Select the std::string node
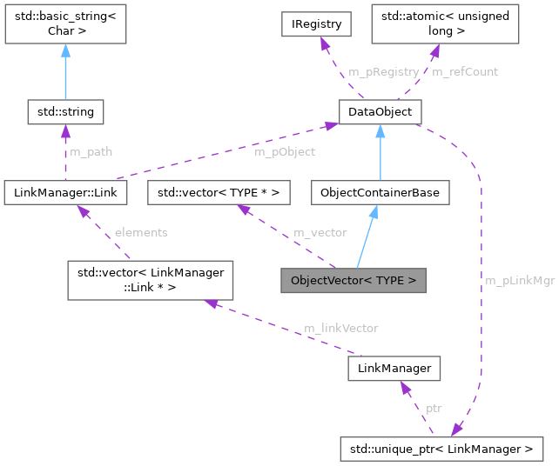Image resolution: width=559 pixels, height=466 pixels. tap(65, 111)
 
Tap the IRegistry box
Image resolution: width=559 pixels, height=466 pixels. tap(315, 23)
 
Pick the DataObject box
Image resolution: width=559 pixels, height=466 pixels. tap(380, 111)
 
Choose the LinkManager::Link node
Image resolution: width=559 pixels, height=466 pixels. tap(65, 192)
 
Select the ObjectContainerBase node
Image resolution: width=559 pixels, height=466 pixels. tap(381, 192)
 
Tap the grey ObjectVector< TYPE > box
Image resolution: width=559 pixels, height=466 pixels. tap(353, 281)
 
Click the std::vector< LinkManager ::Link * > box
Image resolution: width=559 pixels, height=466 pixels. tap(152, 281)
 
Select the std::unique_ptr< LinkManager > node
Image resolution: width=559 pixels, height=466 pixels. tap(442, 449)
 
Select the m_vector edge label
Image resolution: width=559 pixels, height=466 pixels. tap(320, 232)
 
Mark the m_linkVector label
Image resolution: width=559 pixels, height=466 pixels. tap(340, 328)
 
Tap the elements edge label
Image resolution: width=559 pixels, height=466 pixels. tap(140, 232)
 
